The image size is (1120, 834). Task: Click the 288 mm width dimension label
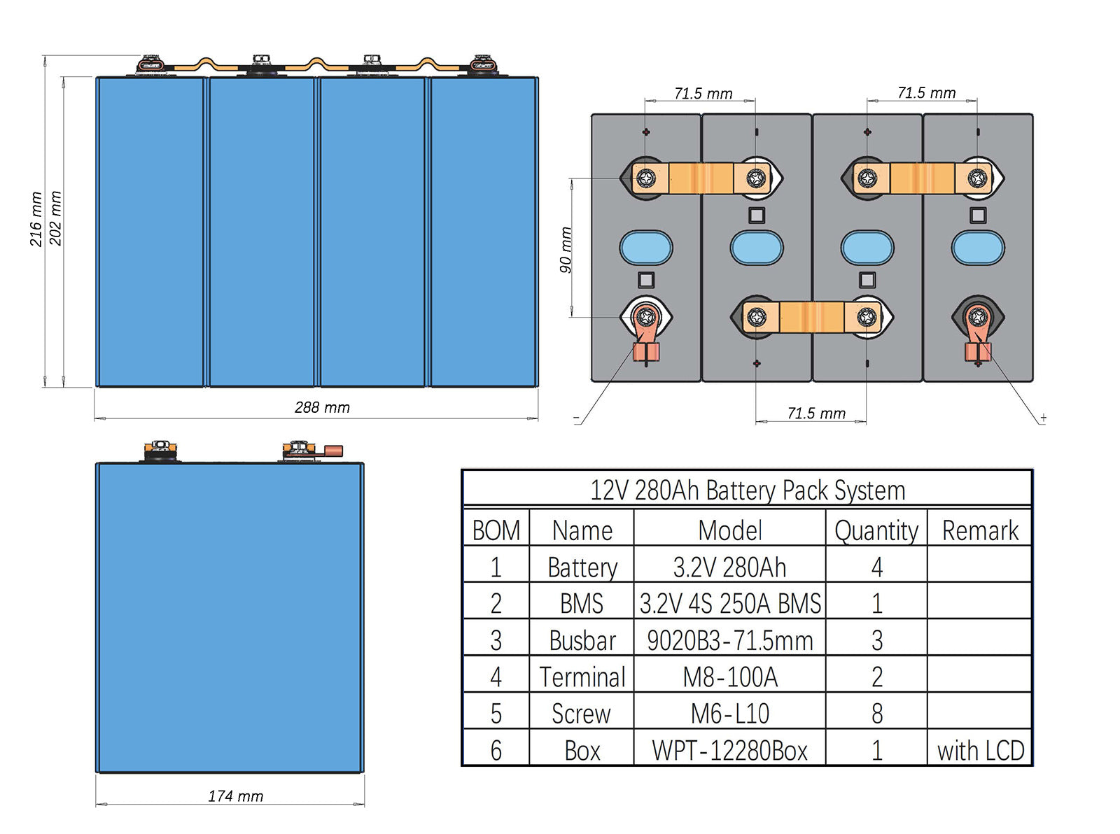tap(322, 407)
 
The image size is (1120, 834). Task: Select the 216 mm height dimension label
tap(36, 219)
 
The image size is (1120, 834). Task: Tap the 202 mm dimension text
tap(56, 218)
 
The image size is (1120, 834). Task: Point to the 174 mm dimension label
tap(235, 796)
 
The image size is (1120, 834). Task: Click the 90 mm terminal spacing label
tap(566, 250)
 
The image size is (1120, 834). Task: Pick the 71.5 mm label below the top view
tap(816, 414)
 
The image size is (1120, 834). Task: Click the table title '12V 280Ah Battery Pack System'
tap(747, 490)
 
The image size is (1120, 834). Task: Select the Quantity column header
tap(876, 530)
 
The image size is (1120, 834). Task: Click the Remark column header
tap(980, 530)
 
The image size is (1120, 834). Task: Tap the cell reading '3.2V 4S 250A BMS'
tap(729, 604)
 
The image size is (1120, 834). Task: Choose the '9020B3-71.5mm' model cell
tap(729, 640)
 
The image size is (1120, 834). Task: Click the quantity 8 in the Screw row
tap(876, 714)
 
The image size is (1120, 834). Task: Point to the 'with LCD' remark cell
tap(980, 751)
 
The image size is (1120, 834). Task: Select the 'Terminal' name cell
tap(582, 677)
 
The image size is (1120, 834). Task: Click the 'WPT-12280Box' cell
tap(729, 751)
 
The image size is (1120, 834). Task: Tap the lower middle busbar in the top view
tap(811, 318)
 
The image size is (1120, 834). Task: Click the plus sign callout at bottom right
tap(1043, 418)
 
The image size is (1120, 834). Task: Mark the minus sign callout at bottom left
tap(576, 418)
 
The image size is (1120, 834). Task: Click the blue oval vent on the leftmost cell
tap(646, 248)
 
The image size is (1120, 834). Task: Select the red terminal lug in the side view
tap(332, 451)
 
